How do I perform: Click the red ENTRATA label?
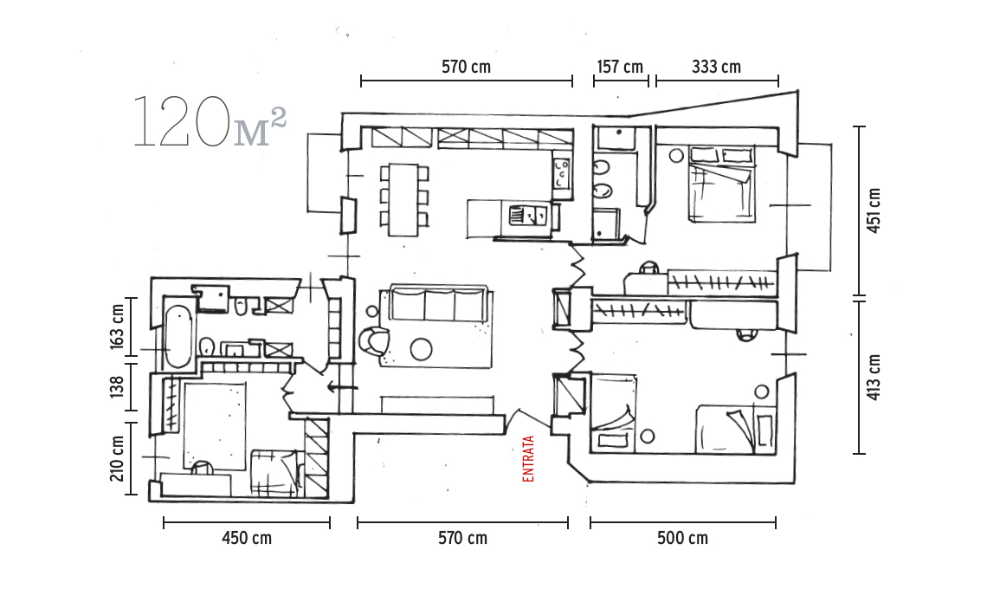(528, 458)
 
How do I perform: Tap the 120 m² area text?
(210, 122)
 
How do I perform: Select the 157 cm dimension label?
(620, 66)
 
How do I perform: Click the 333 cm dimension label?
(716, 66)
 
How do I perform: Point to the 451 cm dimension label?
(874, 210)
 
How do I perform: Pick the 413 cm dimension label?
(874, 378)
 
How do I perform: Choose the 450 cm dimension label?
(247, 538)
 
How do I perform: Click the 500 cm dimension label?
(683, 538)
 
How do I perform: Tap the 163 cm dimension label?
(117, 327)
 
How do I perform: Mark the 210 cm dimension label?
(117, 458)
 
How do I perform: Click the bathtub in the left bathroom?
(178, 336)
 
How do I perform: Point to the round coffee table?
(421, 349)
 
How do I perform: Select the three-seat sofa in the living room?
(439, 304)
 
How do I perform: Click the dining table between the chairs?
(403, 200)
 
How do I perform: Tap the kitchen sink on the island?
(527, 217)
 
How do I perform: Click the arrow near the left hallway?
(343, 387)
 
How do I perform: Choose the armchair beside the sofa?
(375, 340)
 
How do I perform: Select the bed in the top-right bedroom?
(722, 184)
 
